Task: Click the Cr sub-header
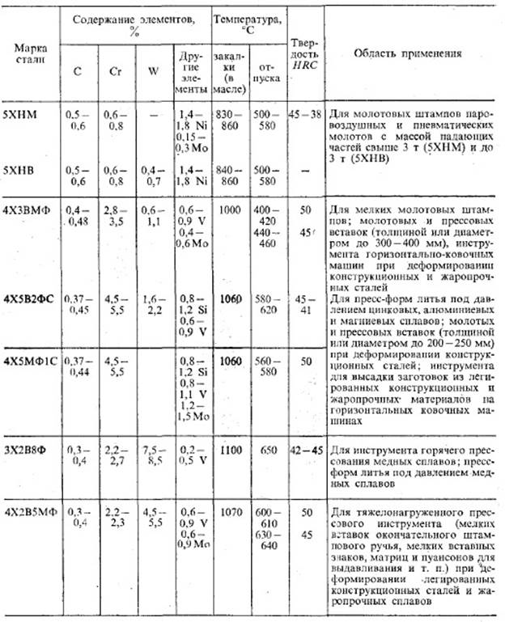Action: click(x=114, y=70)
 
